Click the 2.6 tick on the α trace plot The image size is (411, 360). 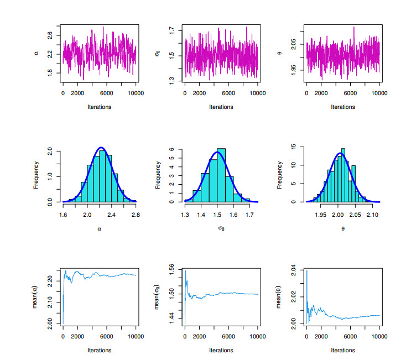coord(50,34)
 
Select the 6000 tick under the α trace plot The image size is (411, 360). coord(107,93)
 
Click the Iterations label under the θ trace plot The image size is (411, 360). coord(343,107)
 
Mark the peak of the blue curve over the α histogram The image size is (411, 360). coord(101,148)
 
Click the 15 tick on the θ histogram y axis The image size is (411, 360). coord(294,147)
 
